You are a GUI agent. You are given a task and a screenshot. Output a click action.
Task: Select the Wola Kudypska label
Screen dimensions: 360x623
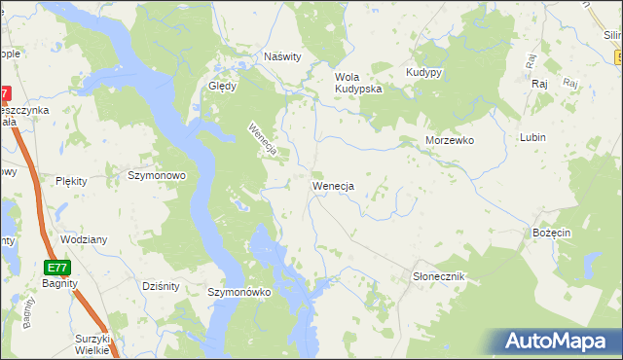coord(358,83)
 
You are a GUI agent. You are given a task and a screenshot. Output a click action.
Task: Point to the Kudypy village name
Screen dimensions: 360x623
coord(424,73)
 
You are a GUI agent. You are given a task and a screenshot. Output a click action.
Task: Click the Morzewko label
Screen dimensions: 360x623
coord(449,140)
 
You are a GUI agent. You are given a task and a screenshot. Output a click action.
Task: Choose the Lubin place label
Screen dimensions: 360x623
coord(532,138)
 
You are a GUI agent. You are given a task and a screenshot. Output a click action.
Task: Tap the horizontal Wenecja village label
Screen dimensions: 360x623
coord(332,185)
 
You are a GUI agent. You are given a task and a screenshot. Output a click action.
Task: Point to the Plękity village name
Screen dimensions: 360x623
coord(72,181)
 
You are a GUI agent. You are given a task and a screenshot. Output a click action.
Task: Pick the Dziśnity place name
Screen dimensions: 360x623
coord(160,285)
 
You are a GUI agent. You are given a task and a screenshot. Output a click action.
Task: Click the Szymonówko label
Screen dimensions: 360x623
coord(238,292)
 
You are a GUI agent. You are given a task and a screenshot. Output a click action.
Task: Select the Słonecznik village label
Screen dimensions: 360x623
coord(438,277)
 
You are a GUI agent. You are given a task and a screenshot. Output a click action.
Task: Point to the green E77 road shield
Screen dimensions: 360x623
coord(56,266)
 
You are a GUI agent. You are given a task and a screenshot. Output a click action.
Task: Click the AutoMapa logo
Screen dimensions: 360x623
coord(558,341)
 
